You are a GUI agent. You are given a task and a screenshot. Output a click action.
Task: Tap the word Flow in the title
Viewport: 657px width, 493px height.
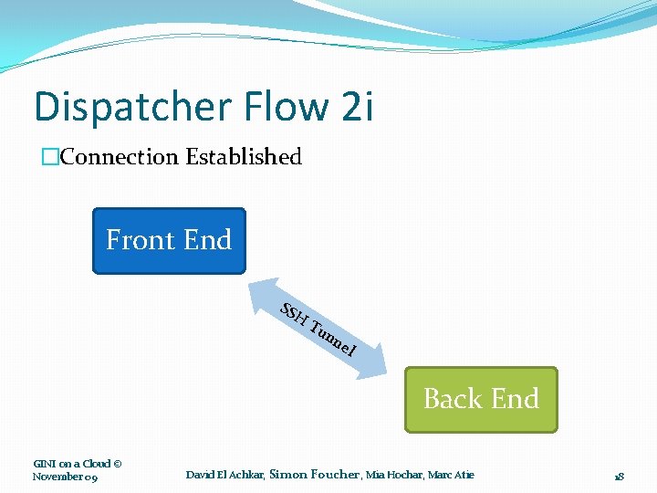click(x=276, y=108)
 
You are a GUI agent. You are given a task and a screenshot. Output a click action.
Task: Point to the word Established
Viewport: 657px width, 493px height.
click(x=244, y=157)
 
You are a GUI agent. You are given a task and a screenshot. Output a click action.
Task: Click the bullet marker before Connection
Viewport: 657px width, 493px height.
click(x=49, y=157)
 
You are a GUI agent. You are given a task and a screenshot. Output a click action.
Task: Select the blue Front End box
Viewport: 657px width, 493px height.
click(x=169, y=241)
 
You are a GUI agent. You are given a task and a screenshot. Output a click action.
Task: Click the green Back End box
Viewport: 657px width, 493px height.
click(x=481, y=399)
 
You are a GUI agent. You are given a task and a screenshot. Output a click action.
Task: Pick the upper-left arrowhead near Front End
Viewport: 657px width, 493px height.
click(x=261, y=287)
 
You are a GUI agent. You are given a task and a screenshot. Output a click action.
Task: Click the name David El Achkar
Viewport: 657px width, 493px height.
click(x=225, y=475)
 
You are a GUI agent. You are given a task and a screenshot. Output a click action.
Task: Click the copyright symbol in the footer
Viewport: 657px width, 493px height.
click(x=119, y=464)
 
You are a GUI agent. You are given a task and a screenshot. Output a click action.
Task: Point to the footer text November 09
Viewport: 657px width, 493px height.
click(x=65, y=477)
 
